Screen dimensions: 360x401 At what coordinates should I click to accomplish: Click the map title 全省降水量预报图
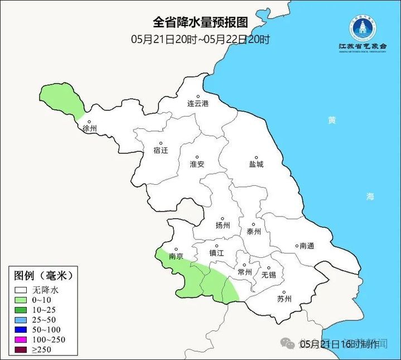tap(200, 22)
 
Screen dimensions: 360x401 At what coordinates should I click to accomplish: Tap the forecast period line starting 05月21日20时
tap(200, 40)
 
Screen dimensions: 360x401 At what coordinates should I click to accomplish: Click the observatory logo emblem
tap(363, 27)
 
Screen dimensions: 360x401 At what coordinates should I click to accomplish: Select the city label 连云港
tap(197, 104)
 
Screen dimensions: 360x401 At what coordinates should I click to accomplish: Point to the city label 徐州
tap(90, 128)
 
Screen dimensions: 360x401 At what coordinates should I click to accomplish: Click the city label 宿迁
tap(160, 150)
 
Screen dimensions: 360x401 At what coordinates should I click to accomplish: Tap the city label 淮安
tap(197, 164)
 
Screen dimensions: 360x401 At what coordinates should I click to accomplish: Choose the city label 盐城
tap(256, 164)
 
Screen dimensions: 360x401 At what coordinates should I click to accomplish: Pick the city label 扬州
tap(223, 225)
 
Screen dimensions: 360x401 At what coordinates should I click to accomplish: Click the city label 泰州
tap(254, 232)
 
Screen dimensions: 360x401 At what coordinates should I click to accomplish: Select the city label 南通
tap(307, 246)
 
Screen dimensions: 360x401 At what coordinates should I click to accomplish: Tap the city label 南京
tap(176, 257)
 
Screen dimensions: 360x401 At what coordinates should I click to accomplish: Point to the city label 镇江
tap(216, 253)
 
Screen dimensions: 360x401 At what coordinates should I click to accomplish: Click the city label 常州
tap(245, 272)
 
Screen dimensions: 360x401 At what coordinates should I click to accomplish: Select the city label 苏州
tap(284, 299)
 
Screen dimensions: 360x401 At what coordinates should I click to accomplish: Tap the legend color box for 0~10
tap(22, 300)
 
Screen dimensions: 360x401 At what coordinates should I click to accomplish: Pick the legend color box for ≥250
tap(22, 350)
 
